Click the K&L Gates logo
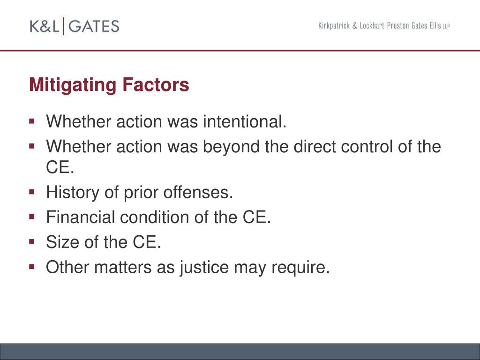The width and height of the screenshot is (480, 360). [x=75, y=26]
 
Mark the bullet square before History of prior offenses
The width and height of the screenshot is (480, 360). [x=32, y=192]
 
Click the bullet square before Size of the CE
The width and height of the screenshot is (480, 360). [x=32, y=242]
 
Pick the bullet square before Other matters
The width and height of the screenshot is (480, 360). [x=32, y=267]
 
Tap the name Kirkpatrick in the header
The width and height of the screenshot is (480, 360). [x=334, y=26]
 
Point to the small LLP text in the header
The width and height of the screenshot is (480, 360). [x=446, y=27]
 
